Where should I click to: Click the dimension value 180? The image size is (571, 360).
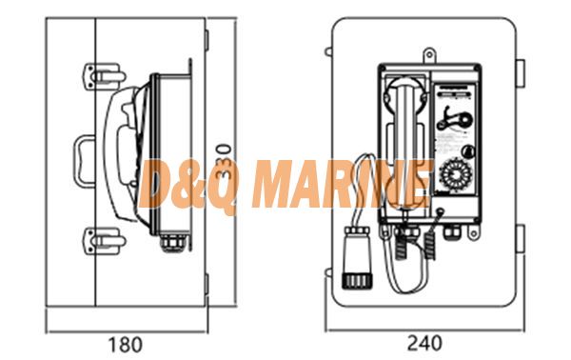[125, 345]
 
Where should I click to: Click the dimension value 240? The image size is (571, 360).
[424, 343]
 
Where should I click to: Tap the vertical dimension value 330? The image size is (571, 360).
[224, 161]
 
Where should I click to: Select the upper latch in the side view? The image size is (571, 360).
[105, 76]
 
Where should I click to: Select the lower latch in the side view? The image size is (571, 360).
[105, 241]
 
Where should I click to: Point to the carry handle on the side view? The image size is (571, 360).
[84, 161]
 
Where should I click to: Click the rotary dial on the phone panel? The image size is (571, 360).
[456, 174]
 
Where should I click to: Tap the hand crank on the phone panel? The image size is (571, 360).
[455, 119]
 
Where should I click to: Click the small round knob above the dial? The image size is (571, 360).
[468, 150]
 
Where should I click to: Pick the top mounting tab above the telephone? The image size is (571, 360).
[430, 55]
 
